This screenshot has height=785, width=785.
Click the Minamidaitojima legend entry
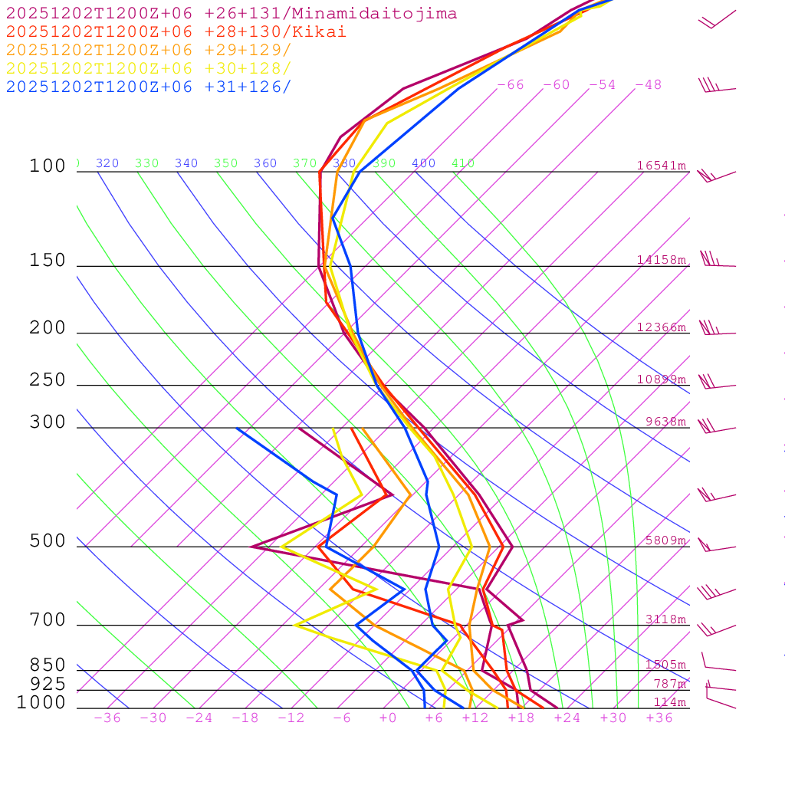tap(232, 14)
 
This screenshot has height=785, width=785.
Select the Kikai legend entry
tap(176, 32)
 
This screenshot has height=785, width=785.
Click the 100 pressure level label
tap(48, 166)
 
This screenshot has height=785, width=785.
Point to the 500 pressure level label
tap(48, 541)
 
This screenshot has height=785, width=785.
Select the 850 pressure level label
tap(48, 665)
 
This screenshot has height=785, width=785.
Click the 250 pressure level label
tap(48, 380)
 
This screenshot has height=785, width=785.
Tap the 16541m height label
tap(662, 166)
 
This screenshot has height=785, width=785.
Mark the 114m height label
tap(670, 702)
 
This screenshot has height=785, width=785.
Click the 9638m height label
tap(666, 422)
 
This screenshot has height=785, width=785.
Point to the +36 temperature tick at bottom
tap(659, 718)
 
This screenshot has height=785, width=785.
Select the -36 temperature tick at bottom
tap(107, 718)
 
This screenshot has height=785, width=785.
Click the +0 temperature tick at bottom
tap(388, 718)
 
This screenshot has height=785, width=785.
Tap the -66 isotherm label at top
tap(511, 85)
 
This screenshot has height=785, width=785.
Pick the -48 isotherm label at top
tap(648, 85)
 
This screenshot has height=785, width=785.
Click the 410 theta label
tap(463, 163)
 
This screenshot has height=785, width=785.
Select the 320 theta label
tap(107, 163)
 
